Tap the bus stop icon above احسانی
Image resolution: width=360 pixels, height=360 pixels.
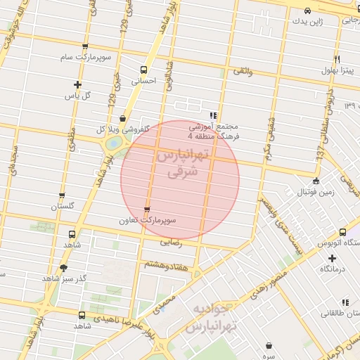click(x=143, y=70)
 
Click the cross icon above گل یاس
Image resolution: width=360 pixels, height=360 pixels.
click(x=77, y=84)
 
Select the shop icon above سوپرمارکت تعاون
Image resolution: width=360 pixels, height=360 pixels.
click(x=146, y=209)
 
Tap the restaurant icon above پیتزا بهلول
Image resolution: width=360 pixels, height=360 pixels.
click(x=337, y=60)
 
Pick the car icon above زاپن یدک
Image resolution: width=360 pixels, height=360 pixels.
click(x=308, y=11)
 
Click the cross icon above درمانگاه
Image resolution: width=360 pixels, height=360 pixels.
click(x=332, y=258)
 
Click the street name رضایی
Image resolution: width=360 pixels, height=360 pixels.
click(x=171, y=242)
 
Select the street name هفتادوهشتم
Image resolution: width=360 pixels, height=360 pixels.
click(x=167, y=264)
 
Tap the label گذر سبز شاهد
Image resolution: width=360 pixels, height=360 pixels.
click(x=64, y=278)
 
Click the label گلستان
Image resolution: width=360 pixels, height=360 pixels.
click(x=62, y=207)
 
